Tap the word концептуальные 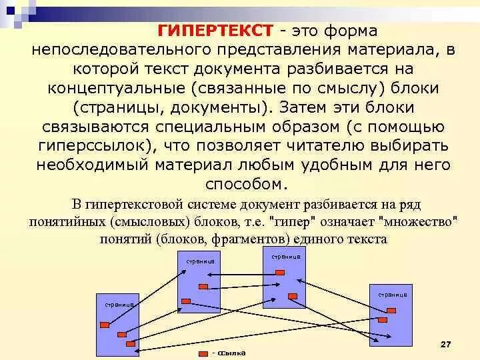(x=117, y=88)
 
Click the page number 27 (x=446, y=343)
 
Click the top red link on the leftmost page (x=105, y=325)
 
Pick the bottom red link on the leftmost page (x=131, y=344)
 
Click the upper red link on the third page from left (x=279, y=272)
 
